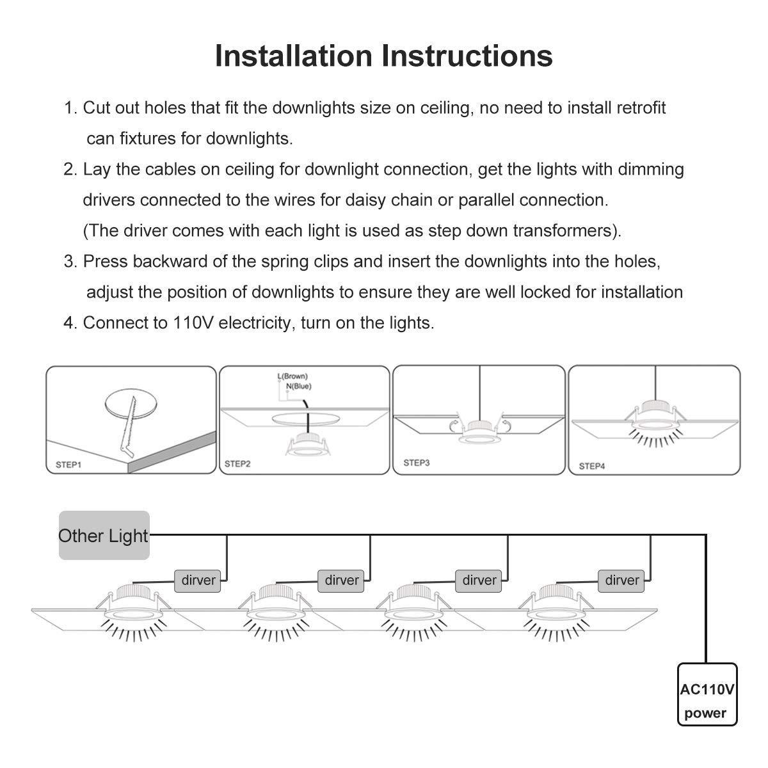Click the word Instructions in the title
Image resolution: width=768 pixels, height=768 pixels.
pyautogui.click(x=468, y=56)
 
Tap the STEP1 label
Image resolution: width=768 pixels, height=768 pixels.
pyautogui.click(x=68, y=464)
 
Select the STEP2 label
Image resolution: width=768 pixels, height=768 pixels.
pyautogui.click(x=237, y=463)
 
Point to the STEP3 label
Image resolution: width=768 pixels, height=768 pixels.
pyautogui.click(x=416, y=462)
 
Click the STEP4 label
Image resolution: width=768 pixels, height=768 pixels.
pyautogui.click(x=592, y=466)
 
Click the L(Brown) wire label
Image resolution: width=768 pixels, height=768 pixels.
pyautogui.click(x=292, y=376)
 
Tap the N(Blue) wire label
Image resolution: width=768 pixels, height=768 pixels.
pyautogui.click(x=298, y=386)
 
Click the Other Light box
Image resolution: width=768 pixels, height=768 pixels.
pyautogui.click(x=104, y=536)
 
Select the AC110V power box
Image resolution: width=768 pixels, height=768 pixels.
pyautogui.click(x=707, y=695)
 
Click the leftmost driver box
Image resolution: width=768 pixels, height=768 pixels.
pyautogui.click(x=198, y=580)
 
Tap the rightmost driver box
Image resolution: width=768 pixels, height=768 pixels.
pyautogui.click(x=622, y=580)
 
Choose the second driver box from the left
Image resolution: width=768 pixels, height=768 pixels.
pyautogui.click(x=342, y=580)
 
